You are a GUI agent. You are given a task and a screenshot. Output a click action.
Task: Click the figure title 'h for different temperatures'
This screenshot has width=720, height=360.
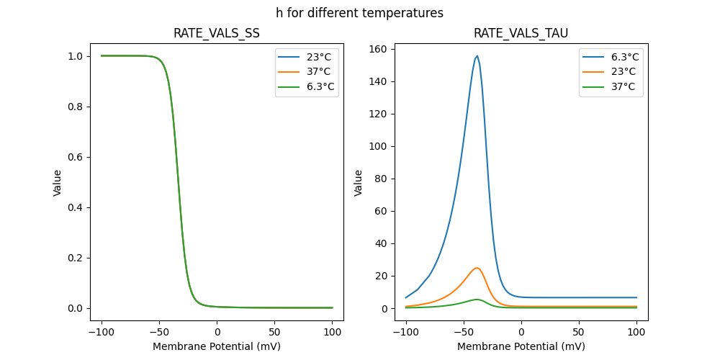coord(359,13)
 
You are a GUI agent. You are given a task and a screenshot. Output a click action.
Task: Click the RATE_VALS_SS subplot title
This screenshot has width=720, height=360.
coord(217,33)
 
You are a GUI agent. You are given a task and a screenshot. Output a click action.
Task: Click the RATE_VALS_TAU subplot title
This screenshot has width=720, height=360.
coord(521,33)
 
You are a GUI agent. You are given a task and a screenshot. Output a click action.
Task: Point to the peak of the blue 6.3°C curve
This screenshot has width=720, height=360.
coord(477,56)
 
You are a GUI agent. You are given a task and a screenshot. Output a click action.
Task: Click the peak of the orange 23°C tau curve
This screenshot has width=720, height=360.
coord(477,268)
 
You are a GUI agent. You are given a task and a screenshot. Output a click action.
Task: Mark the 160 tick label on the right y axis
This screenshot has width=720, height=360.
coord(379,49)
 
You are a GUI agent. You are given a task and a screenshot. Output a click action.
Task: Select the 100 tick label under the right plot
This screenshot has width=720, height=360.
coord(636,332)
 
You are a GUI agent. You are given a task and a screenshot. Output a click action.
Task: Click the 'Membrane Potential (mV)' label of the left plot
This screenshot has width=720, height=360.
coord(217,346)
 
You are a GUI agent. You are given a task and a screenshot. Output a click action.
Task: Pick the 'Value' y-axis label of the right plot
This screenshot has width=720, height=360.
coord(358,182)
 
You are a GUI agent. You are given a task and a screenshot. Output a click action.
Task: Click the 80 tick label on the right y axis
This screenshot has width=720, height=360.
coord(382,179)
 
